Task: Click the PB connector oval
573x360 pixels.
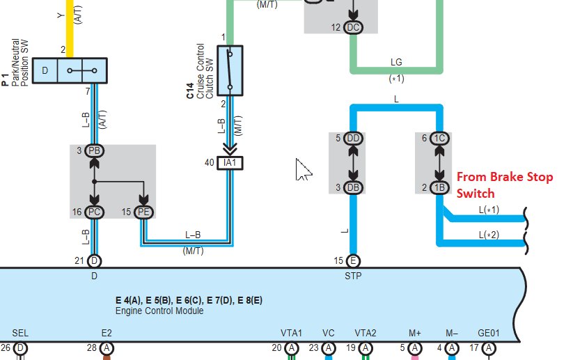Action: click(x=94, y=150)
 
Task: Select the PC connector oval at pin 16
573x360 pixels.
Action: click(x=94, y=212)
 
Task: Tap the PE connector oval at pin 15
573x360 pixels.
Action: click(x=143, y=212)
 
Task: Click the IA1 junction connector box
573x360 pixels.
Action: click(x=230, y=163)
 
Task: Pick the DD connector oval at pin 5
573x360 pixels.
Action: click(x=353, y=138)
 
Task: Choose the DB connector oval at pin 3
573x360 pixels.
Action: click(x=353, y=187)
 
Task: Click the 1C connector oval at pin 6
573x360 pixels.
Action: click(x=439, y=138)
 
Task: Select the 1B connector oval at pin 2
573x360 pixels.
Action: click(x=439, y=187)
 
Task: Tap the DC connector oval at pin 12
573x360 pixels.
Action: click(x=353, y=27)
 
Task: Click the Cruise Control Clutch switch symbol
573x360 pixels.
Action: click(x=230, y=70)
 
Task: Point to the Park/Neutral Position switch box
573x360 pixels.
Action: click(x=70, y=70)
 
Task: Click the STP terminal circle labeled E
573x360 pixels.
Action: click(x=353, y=261)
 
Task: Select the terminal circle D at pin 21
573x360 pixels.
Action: click(x=94, y=261)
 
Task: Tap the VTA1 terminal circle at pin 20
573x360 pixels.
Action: click(x=291, y=348)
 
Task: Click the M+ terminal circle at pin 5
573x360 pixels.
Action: click(x=415, y=348)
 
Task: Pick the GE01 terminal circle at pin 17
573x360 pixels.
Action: click(x=489, y=348)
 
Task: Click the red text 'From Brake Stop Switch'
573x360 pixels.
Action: click(x=505, y=185)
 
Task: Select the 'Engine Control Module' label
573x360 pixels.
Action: click(x=159, y=311)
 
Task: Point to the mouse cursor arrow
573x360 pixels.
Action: click(x=303, y=170)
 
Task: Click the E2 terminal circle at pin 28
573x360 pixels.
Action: click(x=107, y=348)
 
